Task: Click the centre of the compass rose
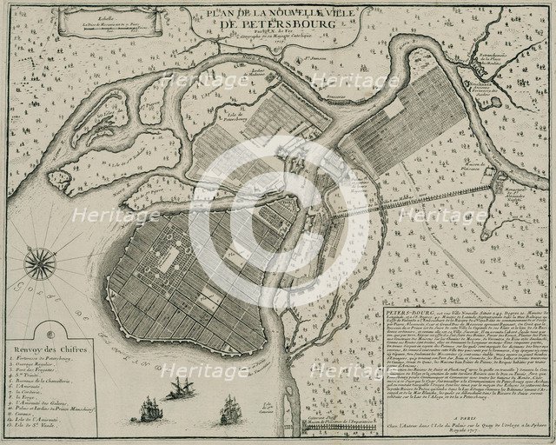point(42,260)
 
